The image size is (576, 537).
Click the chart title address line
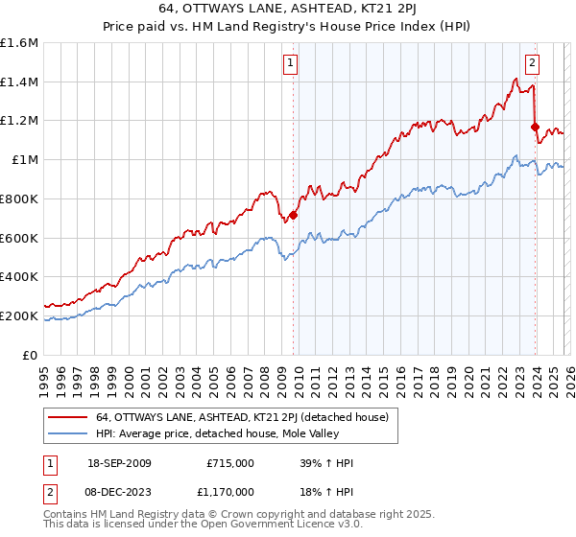pyautogui.click(x=288, y=8)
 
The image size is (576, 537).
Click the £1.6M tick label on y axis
pyautogui.click(x=19, y=43)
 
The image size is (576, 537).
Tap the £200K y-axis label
pyautogui.click(x=19, y=315)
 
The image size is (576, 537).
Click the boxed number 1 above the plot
pyautogui.click(x=291, y=64)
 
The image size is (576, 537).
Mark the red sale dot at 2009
pyautogui.click(x=293, y=215)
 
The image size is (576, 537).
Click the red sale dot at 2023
pyautogui.click(x=535, y=126)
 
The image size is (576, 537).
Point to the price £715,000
pyautogui.click(x=229, y=463)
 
